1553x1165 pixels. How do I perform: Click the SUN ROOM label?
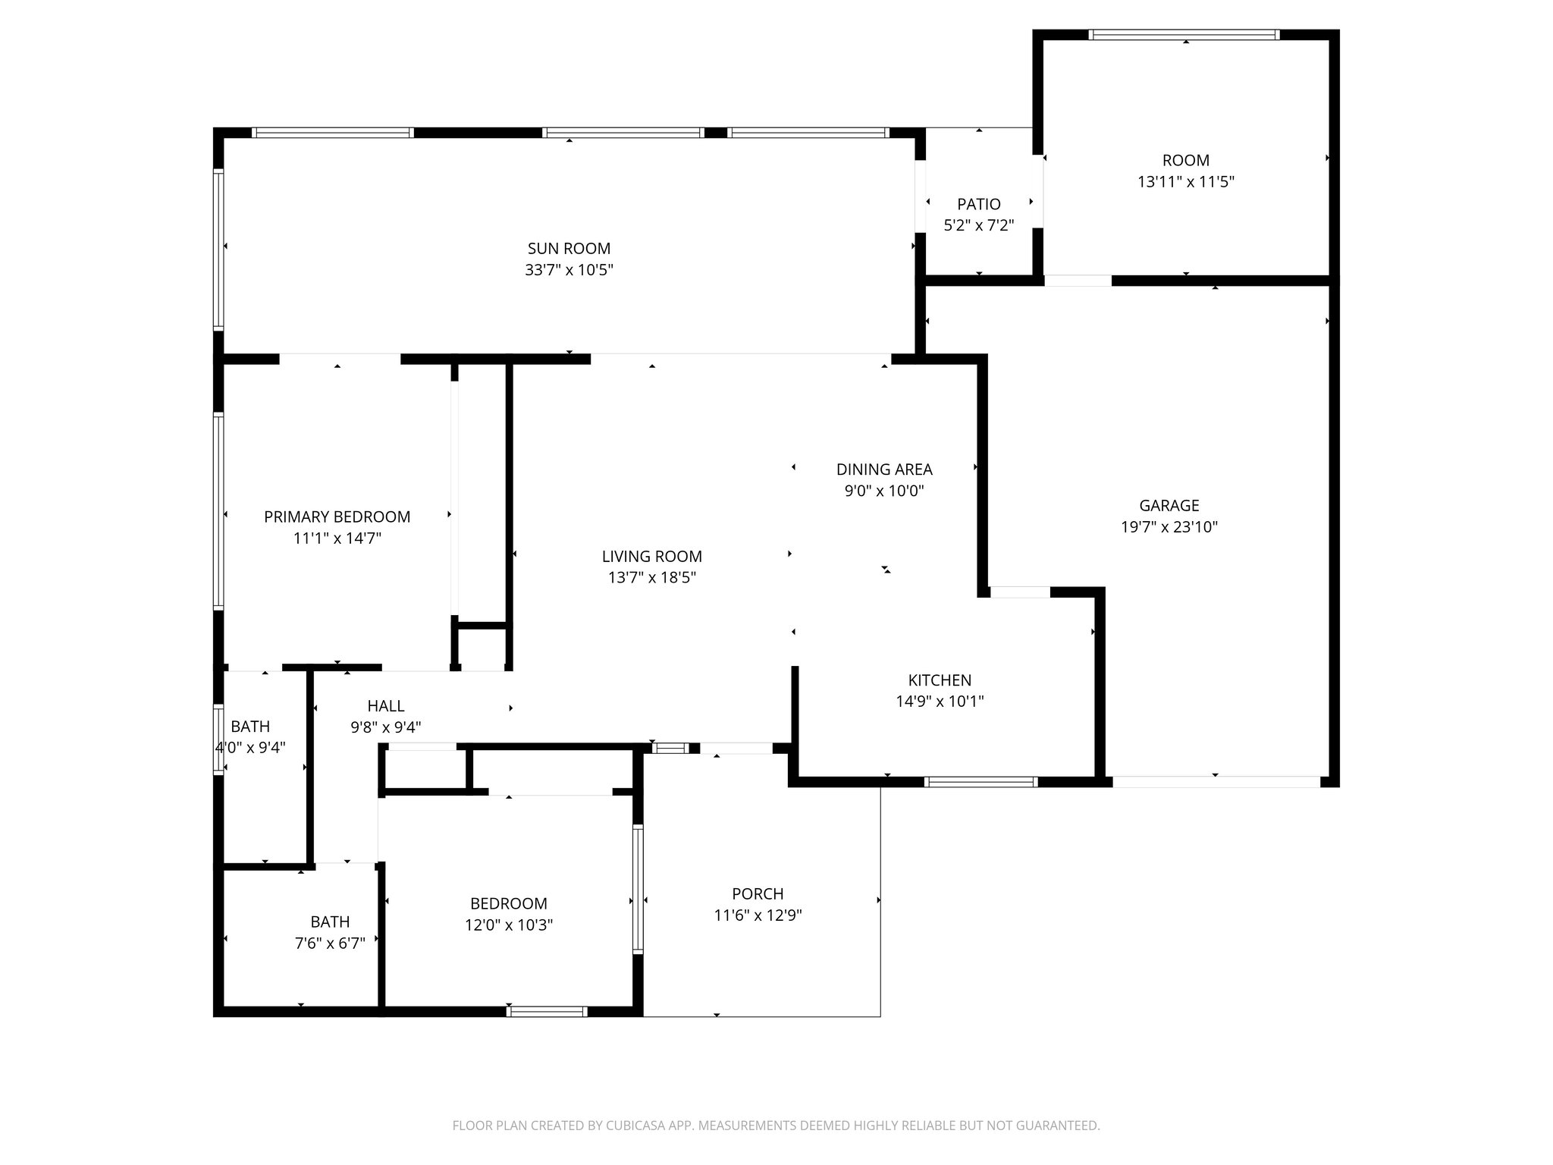point(569,248)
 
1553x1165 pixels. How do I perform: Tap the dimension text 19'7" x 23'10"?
point(1169,526)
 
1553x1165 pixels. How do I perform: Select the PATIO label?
point(978,204)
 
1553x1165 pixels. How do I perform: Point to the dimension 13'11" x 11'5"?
point(1185,182)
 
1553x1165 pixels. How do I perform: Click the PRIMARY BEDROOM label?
point(337,517)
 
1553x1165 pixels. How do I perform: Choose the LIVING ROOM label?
point(651,556)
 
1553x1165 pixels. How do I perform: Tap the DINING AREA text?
point(884,469)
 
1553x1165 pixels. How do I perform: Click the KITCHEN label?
point(940,680)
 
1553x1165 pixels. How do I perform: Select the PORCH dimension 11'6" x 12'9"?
point(758,915)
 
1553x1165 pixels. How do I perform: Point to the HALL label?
point(386,706)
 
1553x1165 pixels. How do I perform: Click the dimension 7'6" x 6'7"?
point(330,944)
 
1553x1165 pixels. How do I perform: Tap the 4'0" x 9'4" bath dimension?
point(250,747)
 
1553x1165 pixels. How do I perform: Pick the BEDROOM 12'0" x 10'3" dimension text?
point(508,925)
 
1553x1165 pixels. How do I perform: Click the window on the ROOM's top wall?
point(1184,35)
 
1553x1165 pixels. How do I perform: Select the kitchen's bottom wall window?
point(980,781)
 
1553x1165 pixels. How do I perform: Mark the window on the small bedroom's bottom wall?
point(546,1011)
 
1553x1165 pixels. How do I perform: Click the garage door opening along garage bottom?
point(1216,781)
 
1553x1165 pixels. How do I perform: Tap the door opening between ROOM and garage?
point(1078,281)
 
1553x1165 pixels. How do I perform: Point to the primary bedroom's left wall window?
point(218,511)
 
